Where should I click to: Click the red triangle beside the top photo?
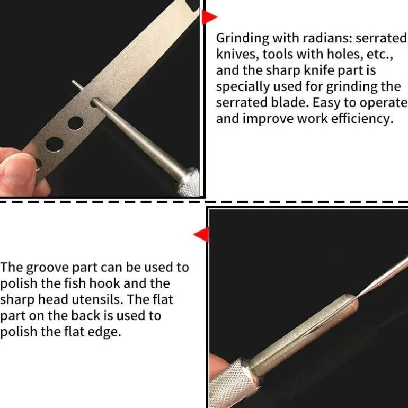208,17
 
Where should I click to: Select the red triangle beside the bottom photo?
202,234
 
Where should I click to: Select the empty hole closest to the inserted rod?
75,123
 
